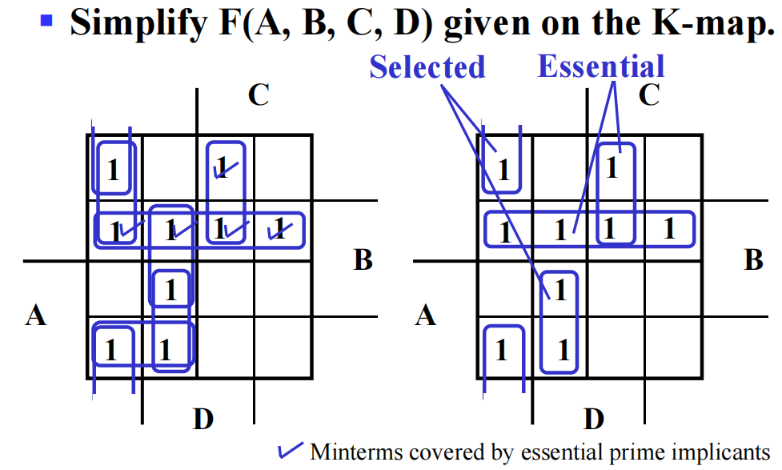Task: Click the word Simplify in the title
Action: coord(138,24)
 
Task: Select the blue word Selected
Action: coord(427,67)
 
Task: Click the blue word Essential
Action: coord(601,66)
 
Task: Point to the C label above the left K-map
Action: coord(259,94)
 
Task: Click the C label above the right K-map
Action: coord(649,94)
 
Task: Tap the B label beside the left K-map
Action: coord(363,259)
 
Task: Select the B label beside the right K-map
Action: coord(753,259)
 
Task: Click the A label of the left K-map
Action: coord(35,315)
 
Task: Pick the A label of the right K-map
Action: coord(425,315)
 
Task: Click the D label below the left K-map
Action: coord(203,419)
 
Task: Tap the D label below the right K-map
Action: coord(594,419)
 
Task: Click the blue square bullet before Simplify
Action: coord(46,21)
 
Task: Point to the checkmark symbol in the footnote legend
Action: coord(291,450)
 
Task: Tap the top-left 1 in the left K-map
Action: coord(113,170)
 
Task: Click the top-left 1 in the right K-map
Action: coord(503,170)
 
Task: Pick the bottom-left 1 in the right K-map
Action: coord(501,350)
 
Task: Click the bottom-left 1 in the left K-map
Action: coord(110,350)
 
